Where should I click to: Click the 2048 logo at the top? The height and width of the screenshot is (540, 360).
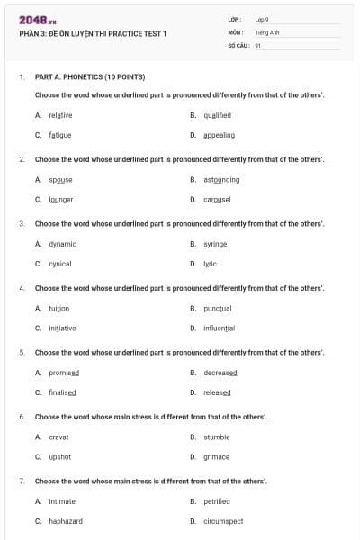tap(38, 20)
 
